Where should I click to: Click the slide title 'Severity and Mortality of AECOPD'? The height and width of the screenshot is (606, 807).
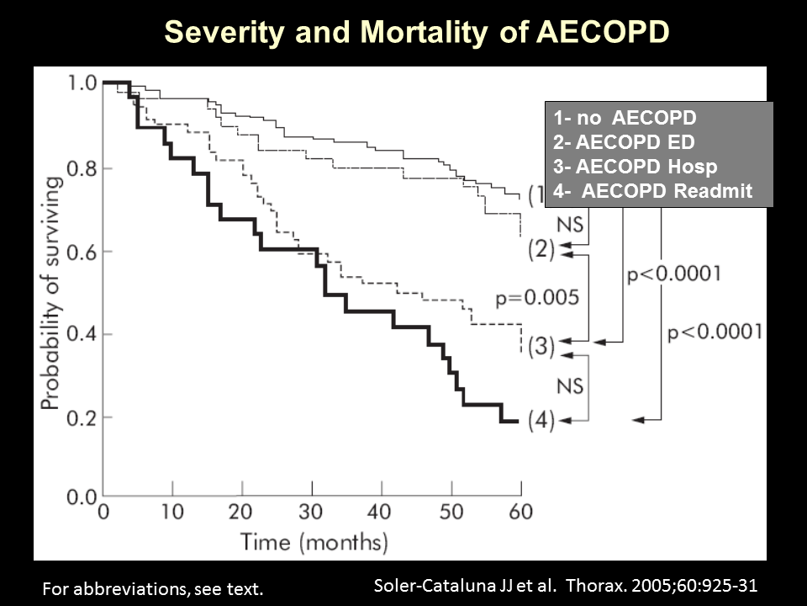pos(417,31)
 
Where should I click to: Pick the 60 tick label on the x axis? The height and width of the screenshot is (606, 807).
pos(520,512)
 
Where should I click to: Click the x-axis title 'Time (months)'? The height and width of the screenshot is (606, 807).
pos(314,540)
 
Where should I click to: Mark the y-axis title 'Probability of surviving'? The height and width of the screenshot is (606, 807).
pos(50,294)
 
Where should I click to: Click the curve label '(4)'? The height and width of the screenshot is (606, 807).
pos(541,420)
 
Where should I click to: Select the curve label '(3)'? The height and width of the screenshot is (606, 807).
pos(541,345)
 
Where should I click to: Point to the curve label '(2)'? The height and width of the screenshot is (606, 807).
pos(541,250)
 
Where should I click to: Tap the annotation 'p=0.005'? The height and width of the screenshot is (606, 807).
pos(535,297)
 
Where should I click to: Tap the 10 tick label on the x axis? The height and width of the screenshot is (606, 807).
pos(172,512)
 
